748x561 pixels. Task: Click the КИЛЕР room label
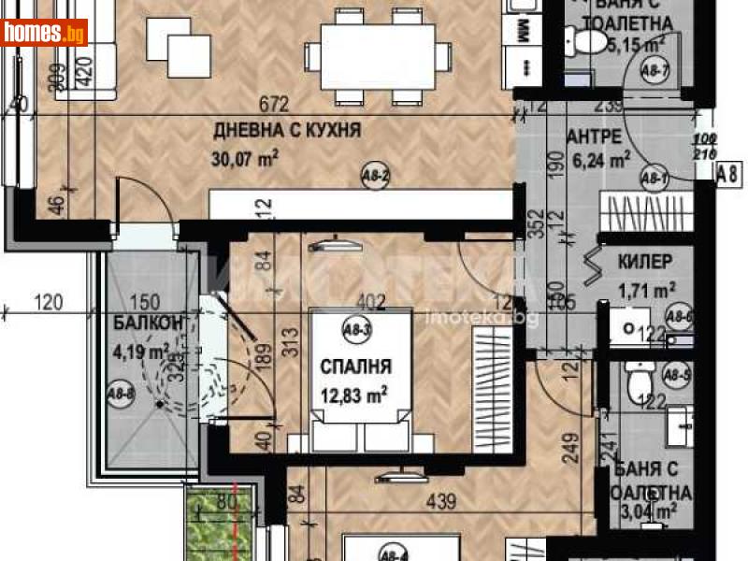pyautogui.click(x=641, y=263)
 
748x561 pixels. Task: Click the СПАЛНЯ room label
pyautogui.click(x=354, y=366)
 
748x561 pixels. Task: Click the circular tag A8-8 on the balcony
pyautogui.click(x=120, y=394)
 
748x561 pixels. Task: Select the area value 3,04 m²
pyautogui.click(x=651, y=511)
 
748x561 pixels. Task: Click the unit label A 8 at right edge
pyautogui.click(x=728, y=171)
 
